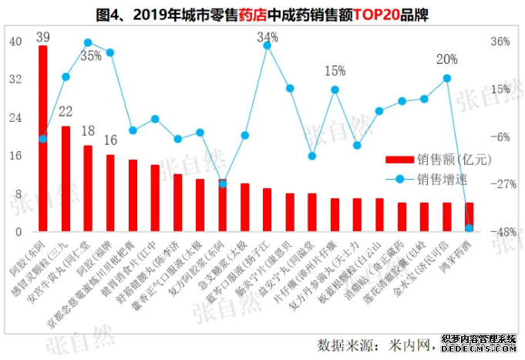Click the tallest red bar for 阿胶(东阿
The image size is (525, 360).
[43, 139]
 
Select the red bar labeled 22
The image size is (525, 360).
[66, 178]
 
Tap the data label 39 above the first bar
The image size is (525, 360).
[43, 36]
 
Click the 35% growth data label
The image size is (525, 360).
[91, 56]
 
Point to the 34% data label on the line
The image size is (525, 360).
[268, 37]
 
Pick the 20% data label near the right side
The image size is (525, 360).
[446, 59]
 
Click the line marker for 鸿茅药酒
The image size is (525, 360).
[469, 228]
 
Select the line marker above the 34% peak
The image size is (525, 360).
[268, 45]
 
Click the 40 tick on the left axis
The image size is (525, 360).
[16, 42]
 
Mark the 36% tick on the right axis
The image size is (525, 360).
[500, 42]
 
